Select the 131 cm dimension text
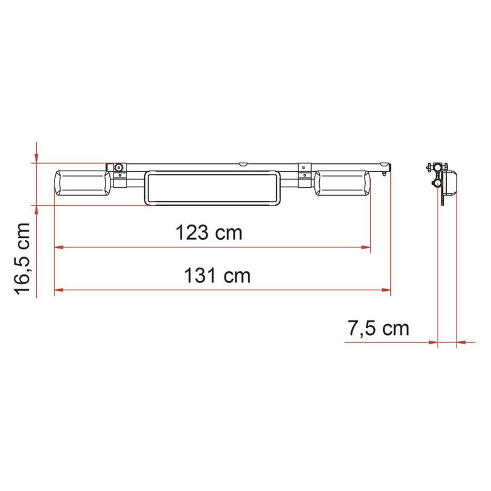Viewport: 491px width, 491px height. tap(217, 276)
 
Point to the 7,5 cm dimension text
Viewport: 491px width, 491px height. tap(378, 328)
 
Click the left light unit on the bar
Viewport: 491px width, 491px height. tap(83, 183)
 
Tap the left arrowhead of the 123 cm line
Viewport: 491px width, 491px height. tap(59, 248)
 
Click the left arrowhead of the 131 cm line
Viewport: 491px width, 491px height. tap(59, 289)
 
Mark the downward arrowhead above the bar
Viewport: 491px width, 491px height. tap(37, 158)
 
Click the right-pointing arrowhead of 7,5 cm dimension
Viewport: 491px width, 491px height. tap(432, 342)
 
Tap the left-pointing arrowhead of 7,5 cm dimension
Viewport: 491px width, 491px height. tap(462, 342)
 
